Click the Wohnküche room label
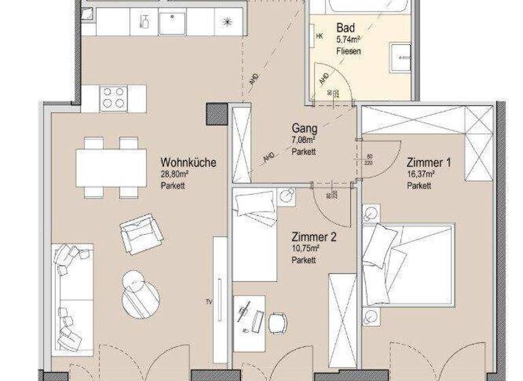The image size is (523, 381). click(189, 163)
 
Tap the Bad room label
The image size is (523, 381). click(346, 28)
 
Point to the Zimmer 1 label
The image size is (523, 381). click(429, 163)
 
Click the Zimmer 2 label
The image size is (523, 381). click(314, 237)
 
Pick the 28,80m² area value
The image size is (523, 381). click(175, 175)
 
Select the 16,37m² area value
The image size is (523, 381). click(420, 175)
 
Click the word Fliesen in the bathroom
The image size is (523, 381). click(348, 51)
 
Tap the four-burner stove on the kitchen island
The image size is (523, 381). click(113, 99)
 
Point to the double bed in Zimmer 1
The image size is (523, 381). click(408, 265)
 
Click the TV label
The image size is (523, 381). click(210, 300)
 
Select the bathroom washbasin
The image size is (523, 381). click(399, 58)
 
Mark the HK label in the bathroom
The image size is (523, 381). click(319, 37)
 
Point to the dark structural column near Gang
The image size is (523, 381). click(217, 114)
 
